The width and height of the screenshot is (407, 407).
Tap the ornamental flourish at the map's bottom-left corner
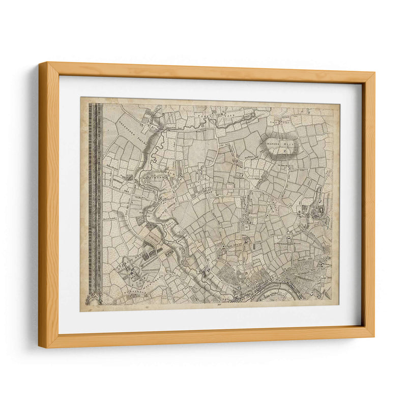tap(93, 300)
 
